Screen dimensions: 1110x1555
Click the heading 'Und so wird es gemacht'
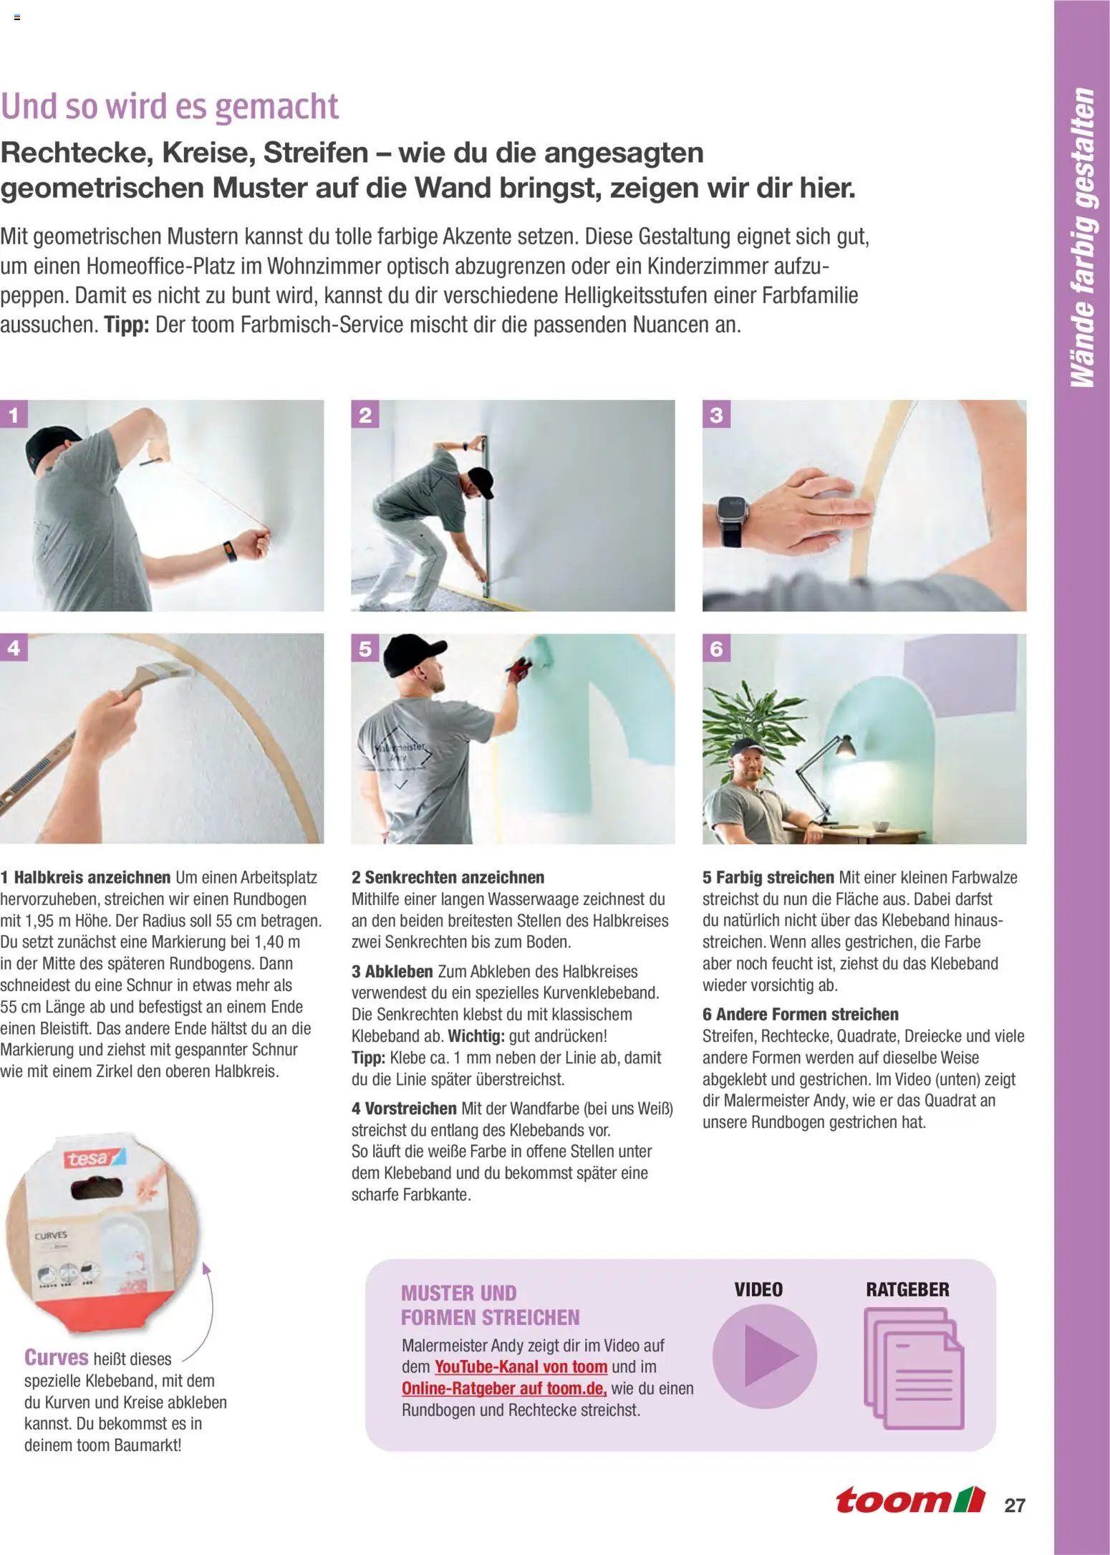point(170,106)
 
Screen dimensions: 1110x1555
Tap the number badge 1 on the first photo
point(14,414)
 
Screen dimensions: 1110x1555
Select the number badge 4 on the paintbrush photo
point(14,648)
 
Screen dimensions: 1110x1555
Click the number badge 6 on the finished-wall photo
point(716,649)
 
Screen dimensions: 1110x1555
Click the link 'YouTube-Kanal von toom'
point(521,1367)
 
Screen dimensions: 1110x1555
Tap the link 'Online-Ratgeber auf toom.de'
point(504,1388)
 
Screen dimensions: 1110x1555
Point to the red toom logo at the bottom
point(910,1499)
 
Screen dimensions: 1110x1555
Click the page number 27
point(1015,1506)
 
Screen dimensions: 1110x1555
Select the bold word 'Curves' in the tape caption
point(57,1358)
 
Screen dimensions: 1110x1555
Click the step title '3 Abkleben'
point(392,972)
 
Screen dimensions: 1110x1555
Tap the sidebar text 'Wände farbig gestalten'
point(1082,238)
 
